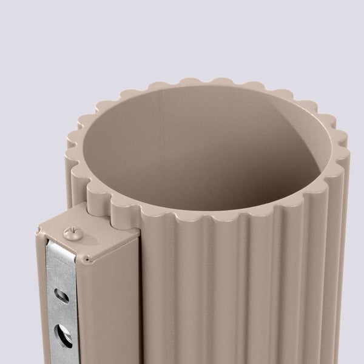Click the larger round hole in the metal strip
tap(62, 334)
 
